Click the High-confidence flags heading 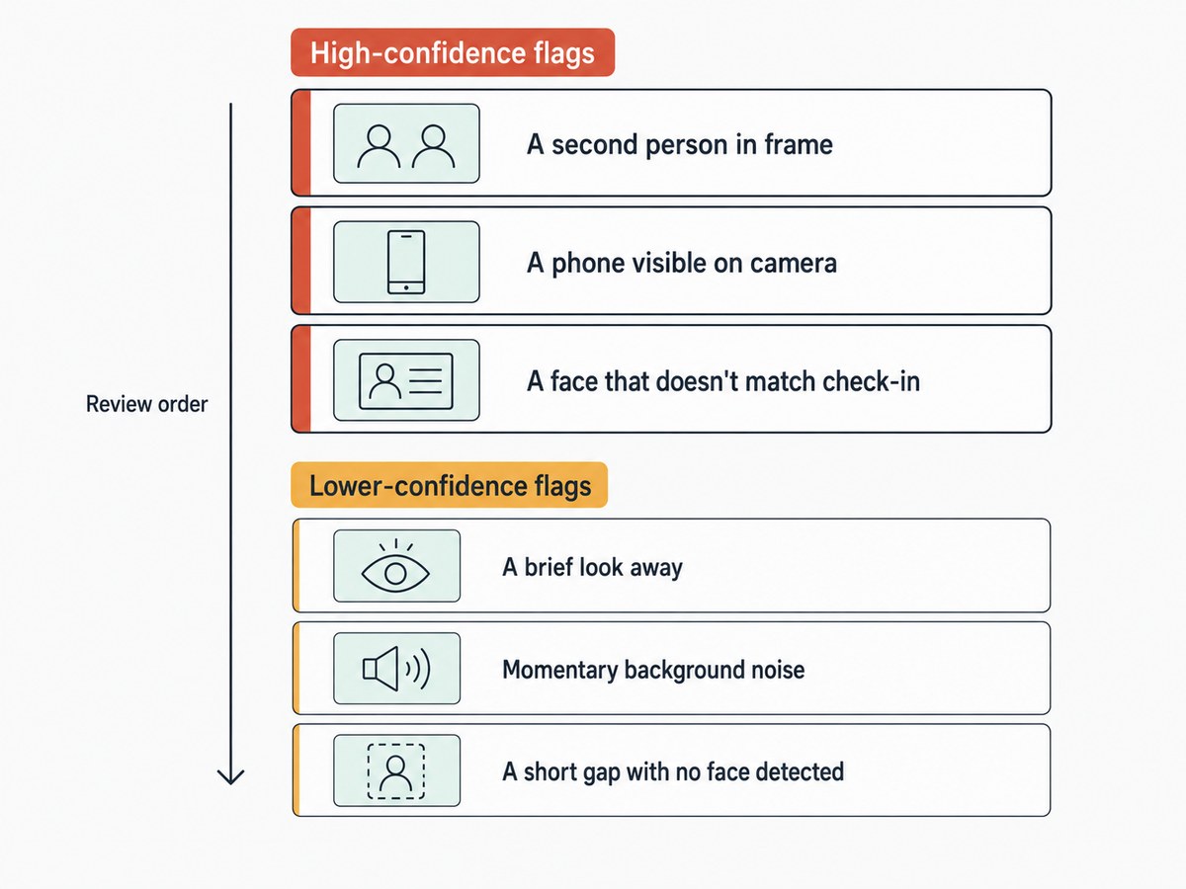[x=453, y=52]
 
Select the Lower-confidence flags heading [x=449, y=485]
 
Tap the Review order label [x=146, y=404]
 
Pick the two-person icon [x=406, y=146]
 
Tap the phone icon [x=406, y=263]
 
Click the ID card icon [x=406, y=380]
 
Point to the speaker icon [x=396, y=669]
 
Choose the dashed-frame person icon [x=396, y=771]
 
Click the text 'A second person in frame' [x=680, y=144]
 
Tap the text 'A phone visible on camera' [x=682, y=264]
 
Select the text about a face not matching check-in [x=723, y=381]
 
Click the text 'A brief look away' [x=592, y=568]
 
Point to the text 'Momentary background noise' [x=653, y=670]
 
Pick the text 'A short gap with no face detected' [x=673, y=771]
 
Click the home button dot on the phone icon [x=406, y=287]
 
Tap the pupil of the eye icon [x=395, y=574]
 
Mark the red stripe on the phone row [x=301, y=261]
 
